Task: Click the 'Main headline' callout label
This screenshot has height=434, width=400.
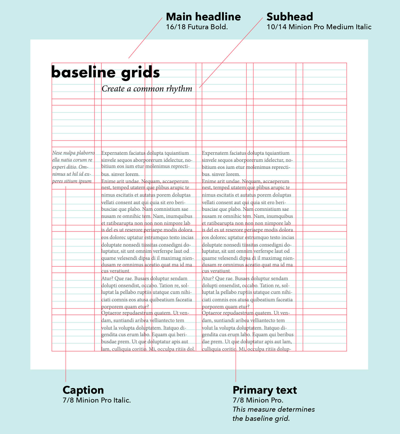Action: click(x=203, y=17)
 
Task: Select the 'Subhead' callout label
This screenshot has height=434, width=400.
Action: click(x=290, y=17)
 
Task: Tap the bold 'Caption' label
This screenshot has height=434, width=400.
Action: click(x=83, y=390)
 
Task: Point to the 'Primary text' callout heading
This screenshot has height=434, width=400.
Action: click(x=265, y=390)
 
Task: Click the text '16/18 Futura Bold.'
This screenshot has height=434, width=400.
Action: click(x=197, y=27)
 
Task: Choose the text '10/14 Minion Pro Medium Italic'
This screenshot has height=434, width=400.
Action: click(x=319, y=27)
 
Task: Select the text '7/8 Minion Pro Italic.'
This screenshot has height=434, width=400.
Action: click(x=97, y=400)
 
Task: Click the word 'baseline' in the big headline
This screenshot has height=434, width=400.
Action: click(x=83, y=72)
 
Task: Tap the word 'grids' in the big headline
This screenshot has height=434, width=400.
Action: click(x=140, y=73)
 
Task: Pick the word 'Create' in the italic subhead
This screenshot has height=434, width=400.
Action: click(x=113, y=89)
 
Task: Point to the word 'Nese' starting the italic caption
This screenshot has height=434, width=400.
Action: click(x=57, y=153)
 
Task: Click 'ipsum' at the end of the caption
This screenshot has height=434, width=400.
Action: click(x=85, y=181)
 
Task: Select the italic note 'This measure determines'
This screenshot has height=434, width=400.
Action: click(x=274, y=409)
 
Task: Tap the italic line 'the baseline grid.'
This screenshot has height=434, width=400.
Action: click(x=261, y=418)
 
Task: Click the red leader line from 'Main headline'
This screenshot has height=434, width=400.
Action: click(x=145, y=38)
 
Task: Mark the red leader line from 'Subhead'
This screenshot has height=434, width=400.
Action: click(x=231, y=53)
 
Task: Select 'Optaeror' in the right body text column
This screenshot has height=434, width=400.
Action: click(x=212, y=313)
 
